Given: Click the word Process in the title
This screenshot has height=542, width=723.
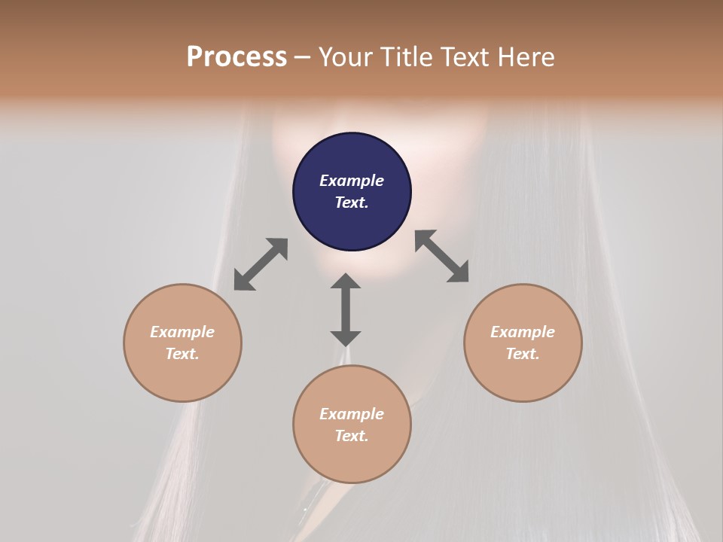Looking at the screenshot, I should coord(236,57).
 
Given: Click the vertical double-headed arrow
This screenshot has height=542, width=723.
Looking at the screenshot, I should coord(346,310).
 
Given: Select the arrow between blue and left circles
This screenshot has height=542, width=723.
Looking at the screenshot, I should coord(261,264).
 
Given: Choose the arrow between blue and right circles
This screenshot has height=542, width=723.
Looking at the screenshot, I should coord(441,256).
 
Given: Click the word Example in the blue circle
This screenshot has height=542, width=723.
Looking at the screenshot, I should coord(352,181).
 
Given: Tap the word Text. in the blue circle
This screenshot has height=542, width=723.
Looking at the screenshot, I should coord(352,202).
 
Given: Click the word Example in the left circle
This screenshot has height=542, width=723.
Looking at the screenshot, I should coord(182,332).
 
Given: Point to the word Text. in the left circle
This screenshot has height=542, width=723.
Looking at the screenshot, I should coord(182,354).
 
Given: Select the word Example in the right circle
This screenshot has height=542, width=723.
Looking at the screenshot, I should coord(523,332).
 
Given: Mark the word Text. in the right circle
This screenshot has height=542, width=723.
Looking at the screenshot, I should coord(523,354).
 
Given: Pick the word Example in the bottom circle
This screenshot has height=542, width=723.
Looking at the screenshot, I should coord(352,414).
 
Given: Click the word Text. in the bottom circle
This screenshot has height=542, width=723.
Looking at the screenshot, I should coord(352,436).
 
